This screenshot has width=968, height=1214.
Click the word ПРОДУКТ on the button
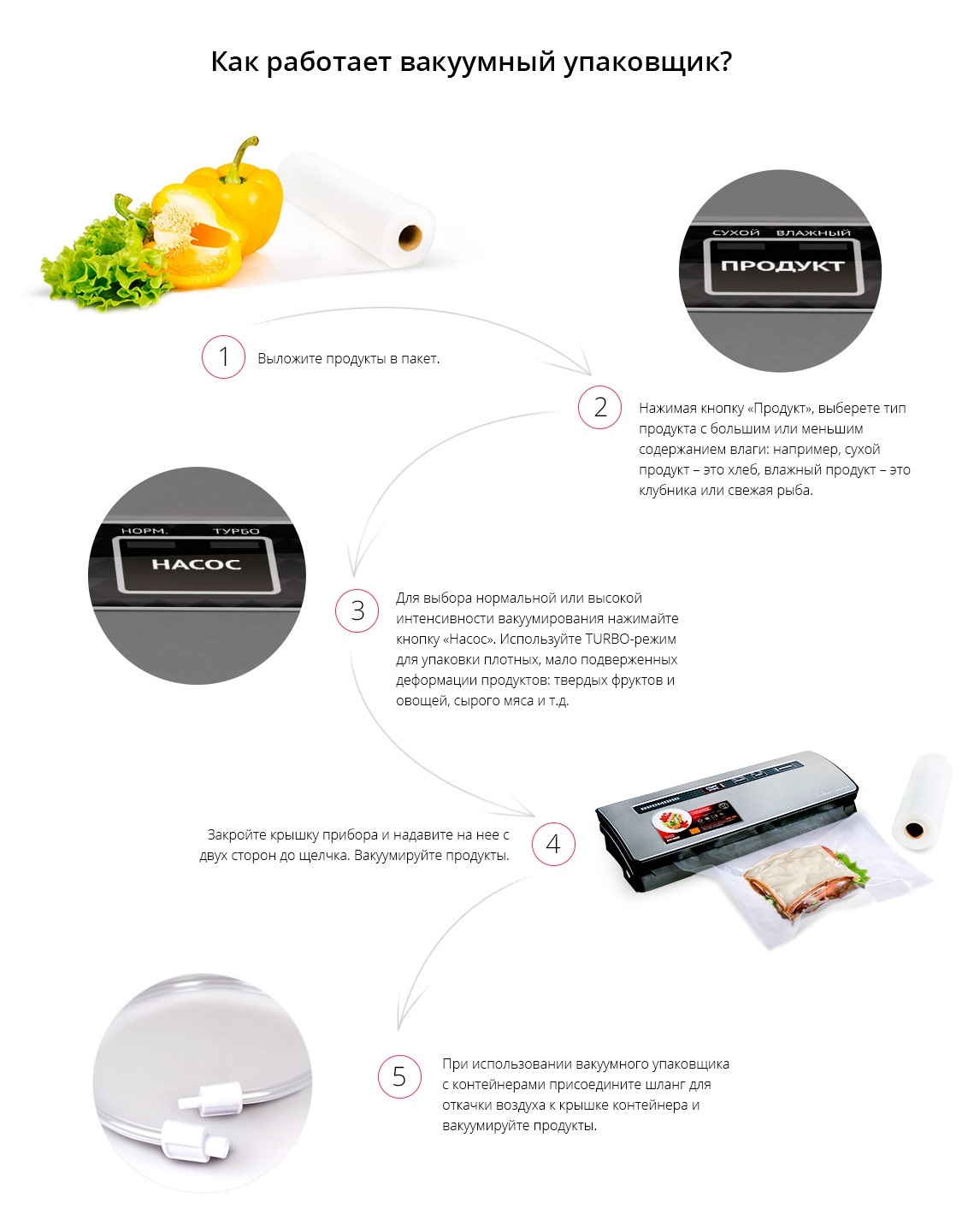tap(783, 266)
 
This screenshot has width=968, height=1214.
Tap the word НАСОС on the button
tap(196, 564)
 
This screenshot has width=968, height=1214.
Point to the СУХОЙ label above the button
tap(735, 233)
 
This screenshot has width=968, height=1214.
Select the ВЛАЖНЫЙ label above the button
tap(813, 233)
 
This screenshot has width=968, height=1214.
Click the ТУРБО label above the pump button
tap(236, 531)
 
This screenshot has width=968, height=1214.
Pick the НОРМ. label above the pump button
tap(145, 531)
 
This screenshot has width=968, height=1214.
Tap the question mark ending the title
tap(725, 61)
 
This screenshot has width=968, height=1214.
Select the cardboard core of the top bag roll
tap(410, 237)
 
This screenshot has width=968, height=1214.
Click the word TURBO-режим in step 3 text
tap(630, 639)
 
